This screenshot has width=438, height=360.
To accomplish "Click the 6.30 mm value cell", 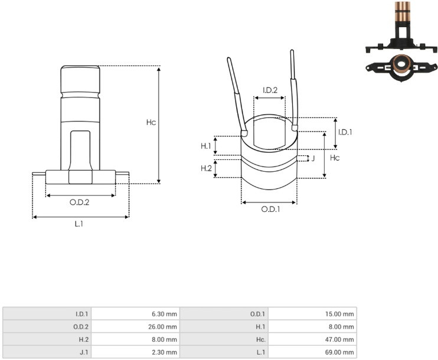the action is click(x=135, y=313).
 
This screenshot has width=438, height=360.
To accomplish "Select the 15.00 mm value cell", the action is click(x=312, y=313).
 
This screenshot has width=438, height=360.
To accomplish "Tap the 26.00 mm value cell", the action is click(x=135, y=326).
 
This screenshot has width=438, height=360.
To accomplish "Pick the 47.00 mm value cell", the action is click(x=312, y=339).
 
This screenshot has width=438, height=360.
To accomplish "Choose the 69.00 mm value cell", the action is click(x=312, y=352).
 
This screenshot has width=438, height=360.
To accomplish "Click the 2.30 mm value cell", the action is click(x=135, y=352).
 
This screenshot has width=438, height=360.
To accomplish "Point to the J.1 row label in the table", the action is click(x=84, y=352).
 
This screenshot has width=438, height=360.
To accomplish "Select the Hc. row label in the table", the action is click(x=261, y=339).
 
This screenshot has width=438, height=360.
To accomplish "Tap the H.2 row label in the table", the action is click(x=83, y=339).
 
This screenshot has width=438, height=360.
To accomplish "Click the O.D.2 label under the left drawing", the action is click(x=79, y=202).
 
